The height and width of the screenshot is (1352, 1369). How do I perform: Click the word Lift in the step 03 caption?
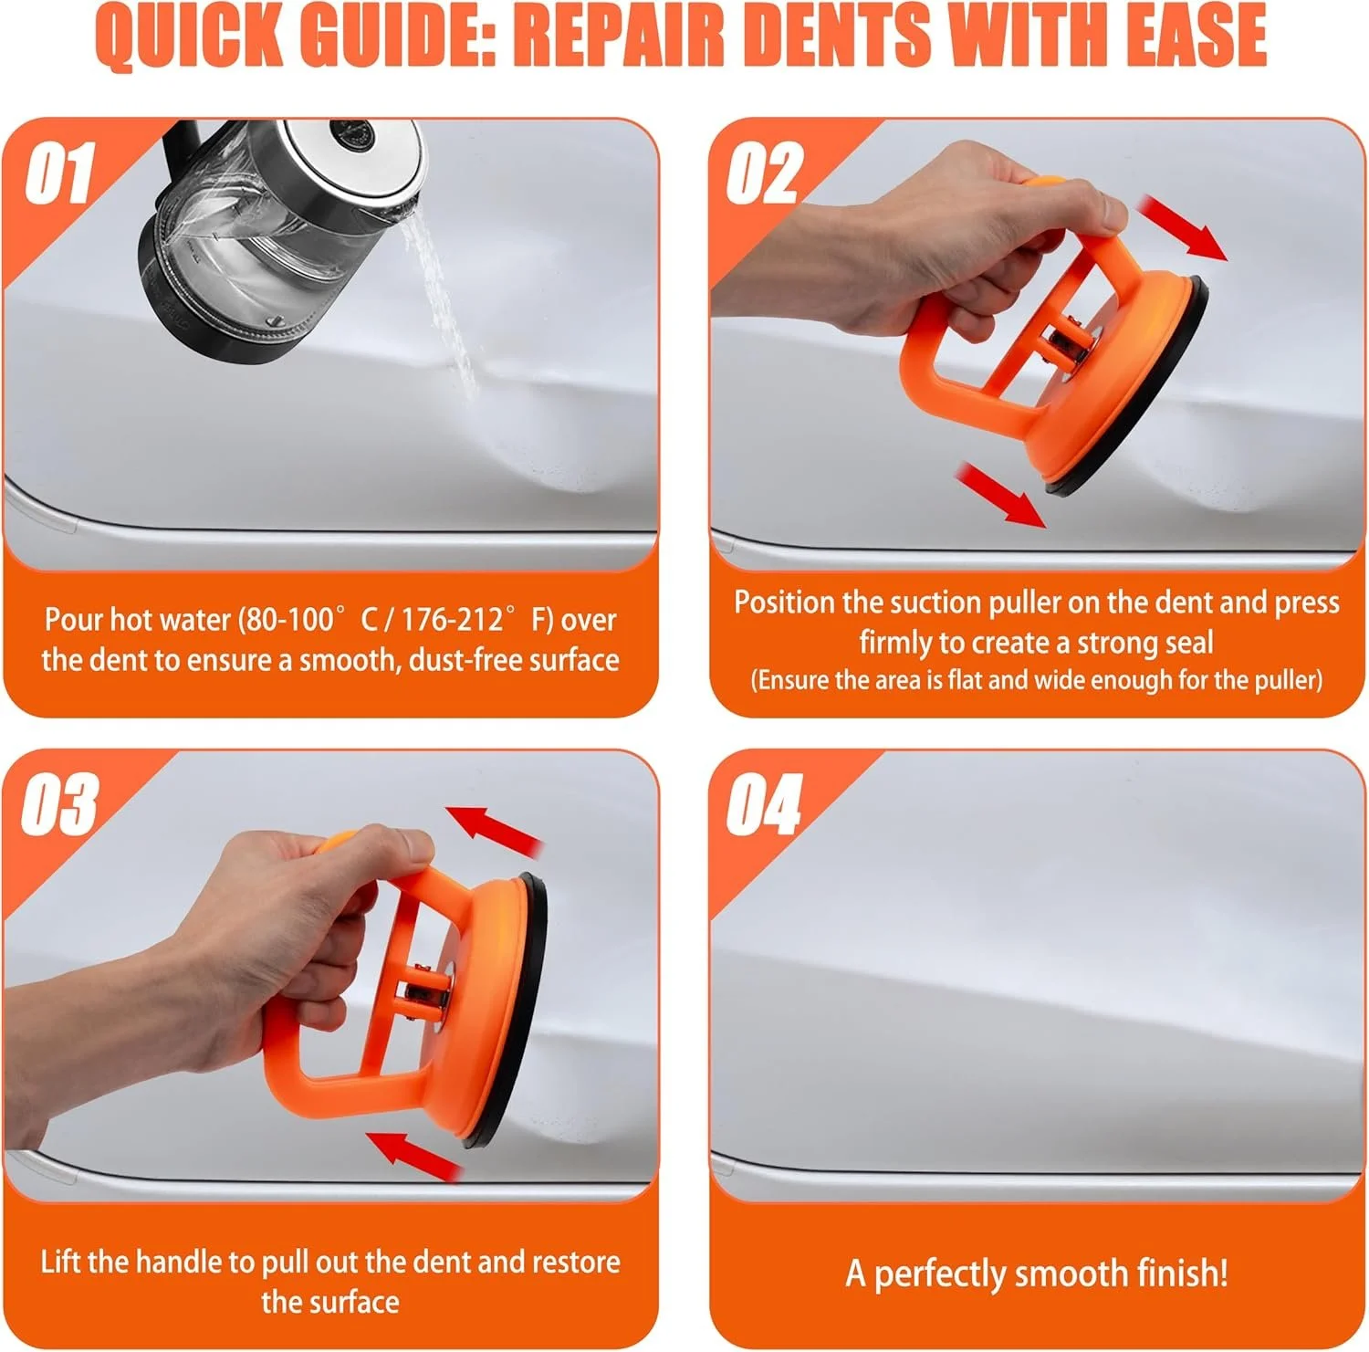click(62, 1262)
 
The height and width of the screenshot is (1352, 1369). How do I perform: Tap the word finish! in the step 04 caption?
click(1183, 1273)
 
